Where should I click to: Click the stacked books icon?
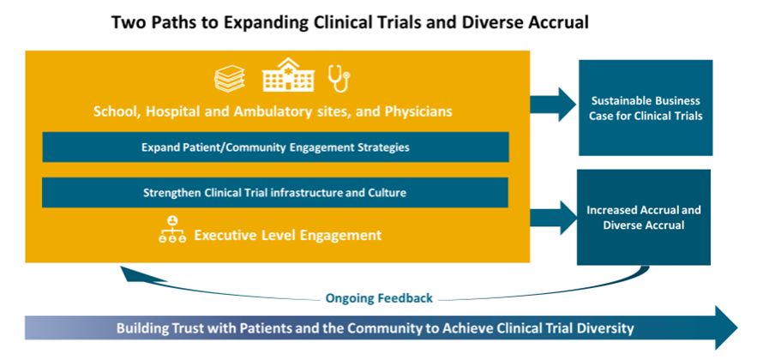(230, 80)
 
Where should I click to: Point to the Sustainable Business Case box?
(646, 107)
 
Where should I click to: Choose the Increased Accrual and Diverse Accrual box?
(643, 217)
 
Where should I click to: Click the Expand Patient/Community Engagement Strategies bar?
(275, 147)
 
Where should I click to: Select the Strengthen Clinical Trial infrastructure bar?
(275, 192)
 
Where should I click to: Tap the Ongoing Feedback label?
(379, 298)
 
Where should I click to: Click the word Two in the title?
(129, 23)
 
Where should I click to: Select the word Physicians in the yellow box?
(418, 111)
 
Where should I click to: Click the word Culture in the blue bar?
(384, 192)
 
